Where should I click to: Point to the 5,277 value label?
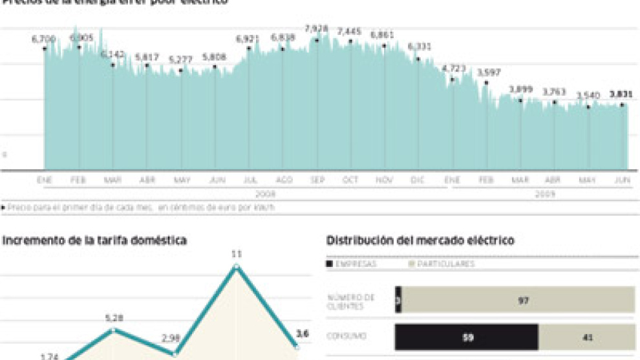(181, 59)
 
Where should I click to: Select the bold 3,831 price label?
(621, 94)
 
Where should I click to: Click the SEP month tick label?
(317, 180)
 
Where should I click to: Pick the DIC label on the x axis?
(417, 180)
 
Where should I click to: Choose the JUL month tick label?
(248, 180)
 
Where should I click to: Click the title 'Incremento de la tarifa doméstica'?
(95, 240)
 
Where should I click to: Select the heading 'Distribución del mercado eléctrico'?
(420, 240)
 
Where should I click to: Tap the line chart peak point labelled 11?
(237, 266)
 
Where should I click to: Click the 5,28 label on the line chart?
(114, 317)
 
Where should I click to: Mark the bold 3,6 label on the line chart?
(302, 334)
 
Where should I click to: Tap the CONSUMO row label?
(347, 337)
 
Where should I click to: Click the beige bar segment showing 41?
(587, 337)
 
